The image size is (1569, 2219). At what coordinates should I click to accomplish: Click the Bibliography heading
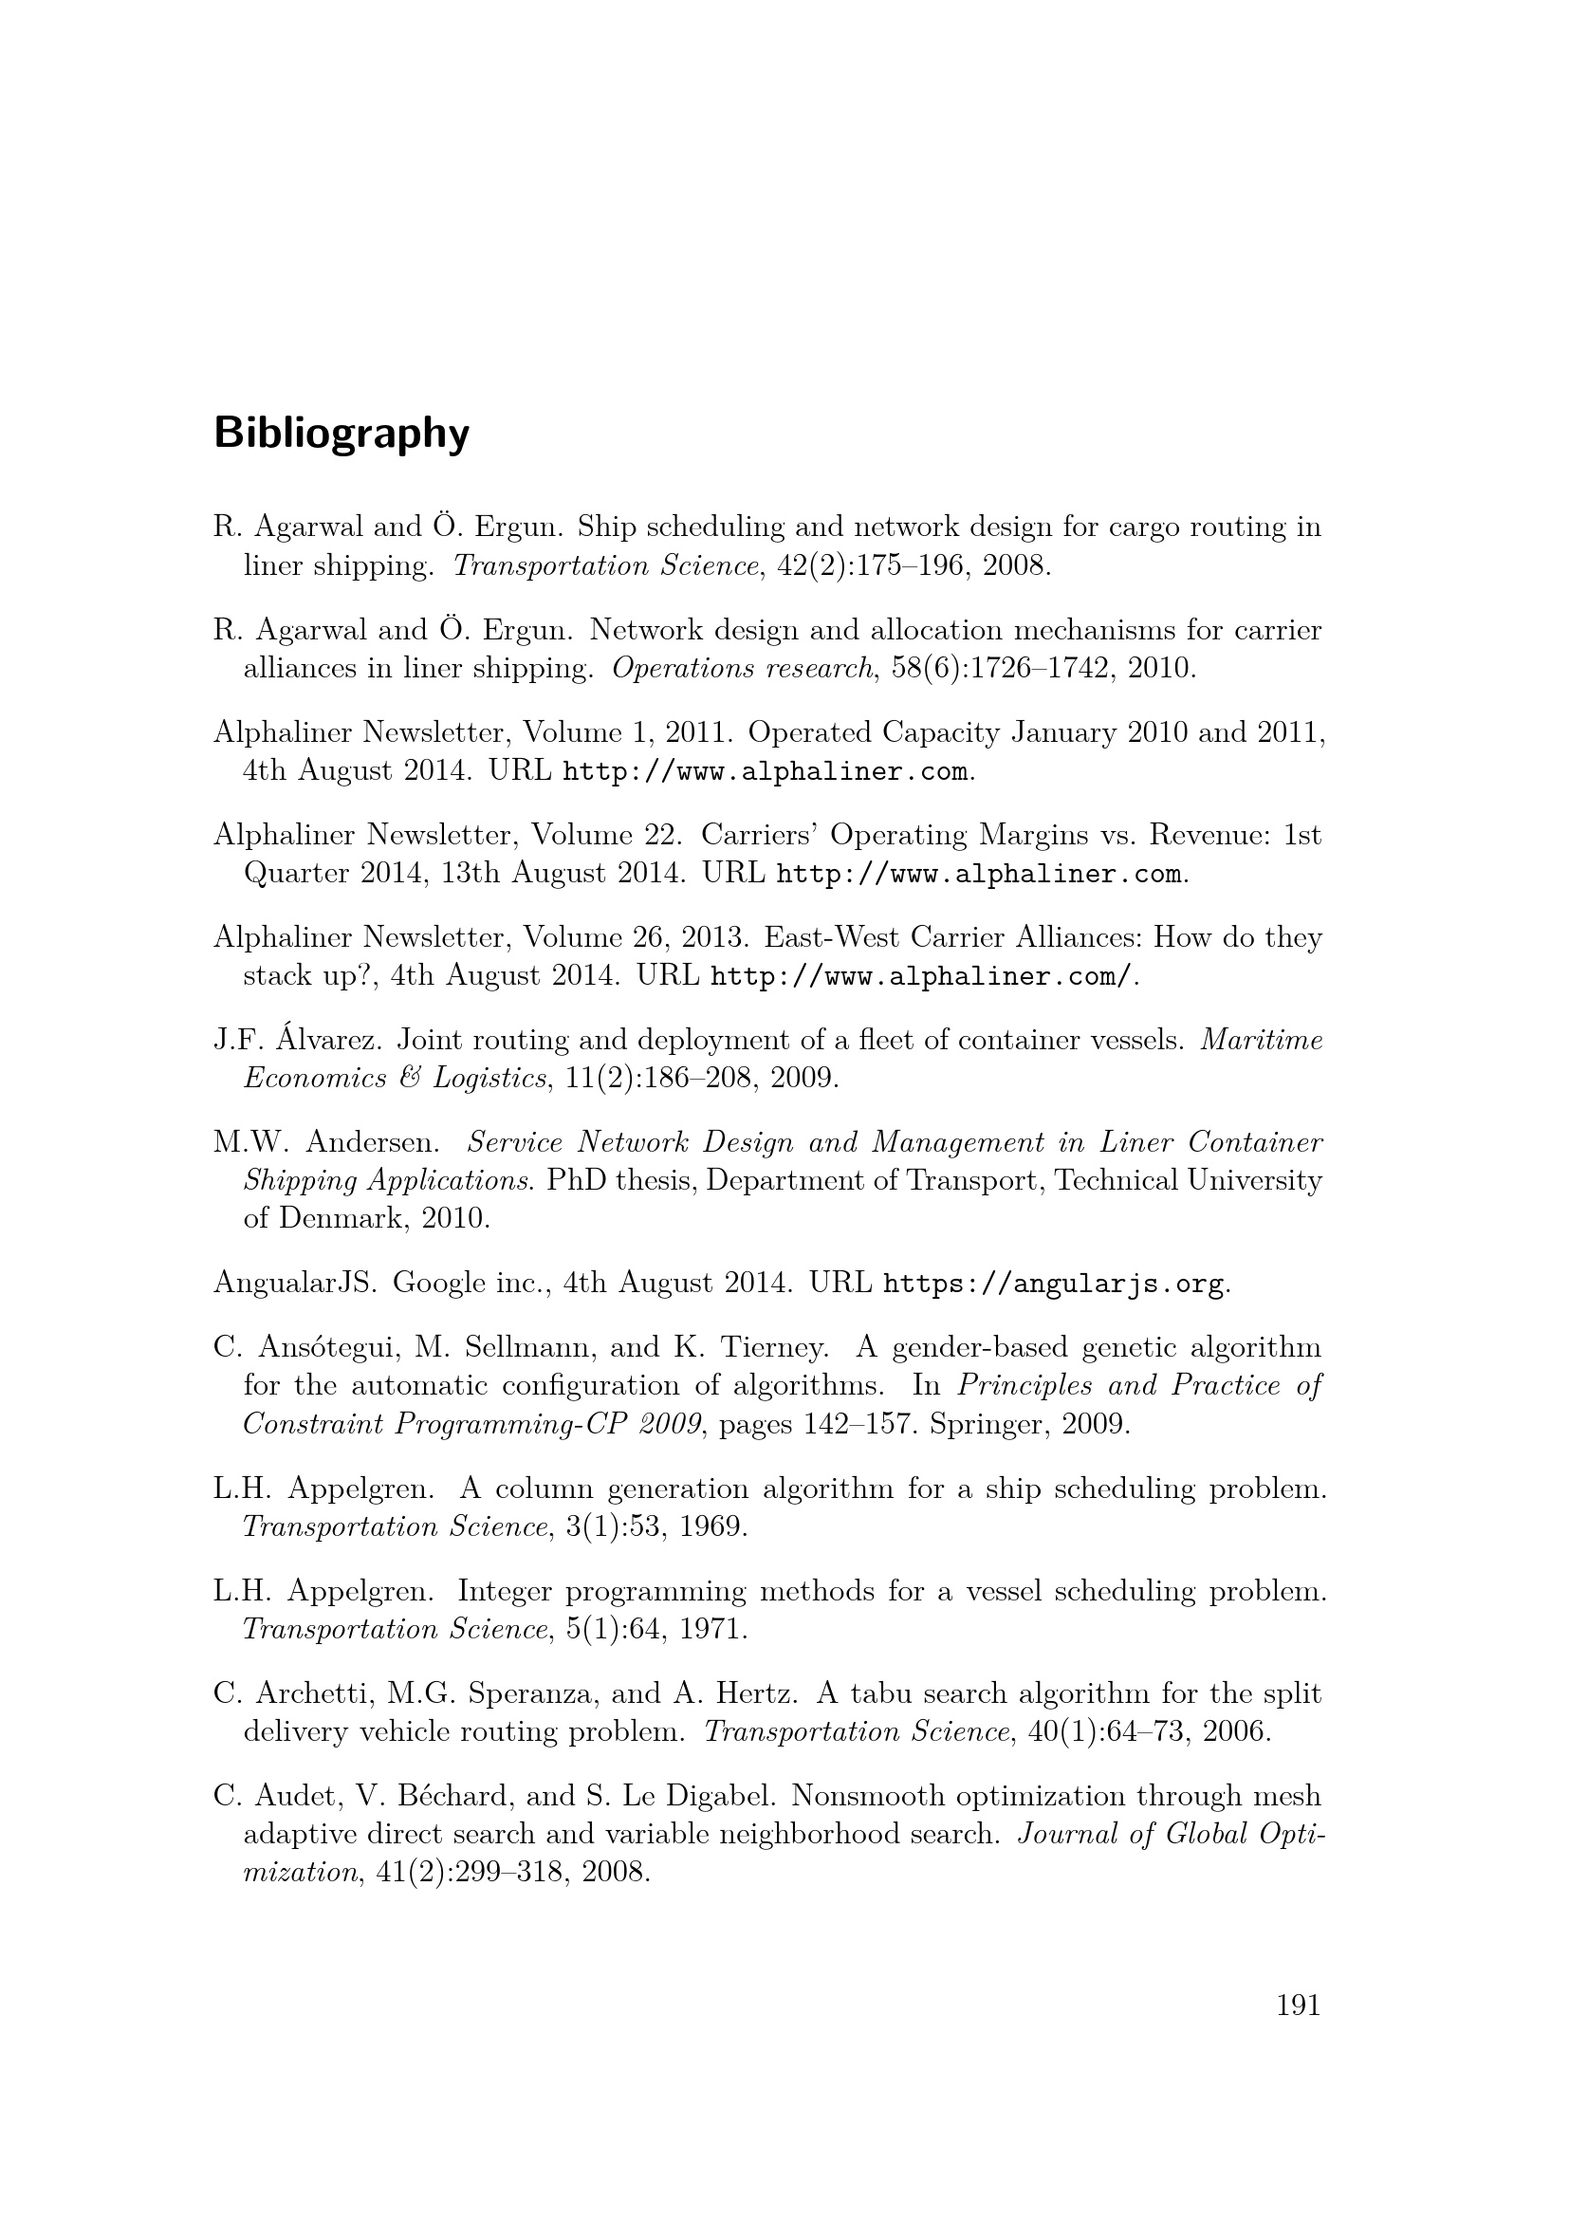point(341,434)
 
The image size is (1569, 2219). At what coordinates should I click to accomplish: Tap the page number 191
point(1298,2006)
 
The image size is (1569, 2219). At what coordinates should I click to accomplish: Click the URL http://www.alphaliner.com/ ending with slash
point(920,977)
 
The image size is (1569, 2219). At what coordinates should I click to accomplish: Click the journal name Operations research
point(742,669)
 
